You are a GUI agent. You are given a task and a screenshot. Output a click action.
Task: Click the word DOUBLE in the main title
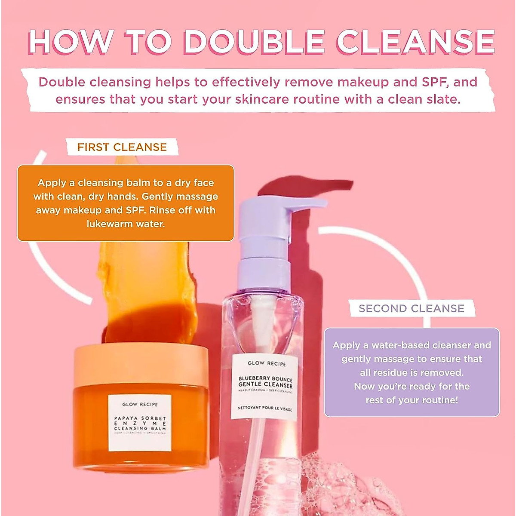tap(254, 42)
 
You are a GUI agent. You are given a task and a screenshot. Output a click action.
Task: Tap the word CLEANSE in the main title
tap(415, 42)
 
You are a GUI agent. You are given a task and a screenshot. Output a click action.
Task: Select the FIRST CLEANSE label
tap(122, 147)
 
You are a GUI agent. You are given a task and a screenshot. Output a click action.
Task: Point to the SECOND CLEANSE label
tap(412, 308)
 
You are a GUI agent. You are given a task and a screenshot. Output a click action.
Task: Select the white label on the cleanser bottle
tap(265, 387)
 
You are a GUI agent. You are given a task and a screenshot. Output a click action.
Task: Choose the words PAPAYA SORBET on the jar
tap(140, 418)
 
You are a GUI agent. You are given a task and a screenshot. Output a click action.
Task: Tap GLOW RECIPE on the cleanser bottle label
tap(267, 364)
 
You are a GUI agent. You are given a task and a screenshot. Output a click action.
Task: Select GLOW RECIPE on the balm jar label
tap(140, 404)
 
